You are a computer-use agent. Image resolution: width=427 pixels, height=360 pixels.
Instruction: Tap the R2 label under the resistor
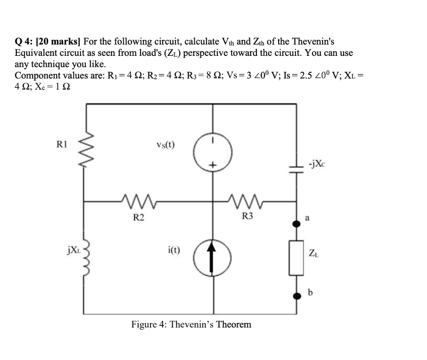click(139, 217)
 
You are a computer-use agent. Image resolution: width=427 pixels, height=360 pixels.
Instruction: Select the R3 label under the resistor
click(248, 216)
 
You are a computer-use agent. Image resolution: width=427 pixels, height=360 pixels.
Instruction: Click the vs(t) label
click(166, 145)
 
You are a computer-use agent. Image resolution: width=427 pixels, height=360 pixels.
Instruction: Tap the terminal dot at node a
click(296, 224)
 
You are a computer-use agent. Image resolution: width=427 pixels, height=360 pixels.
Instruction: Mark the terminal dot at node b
click(296, 296)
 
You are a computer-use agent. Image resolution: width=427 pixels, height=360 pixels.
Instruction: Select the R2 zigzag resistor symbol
click(137, 201)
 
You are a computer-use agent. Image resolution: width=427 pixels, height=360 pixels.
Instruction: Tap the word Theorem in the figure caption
click(234, 324)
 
